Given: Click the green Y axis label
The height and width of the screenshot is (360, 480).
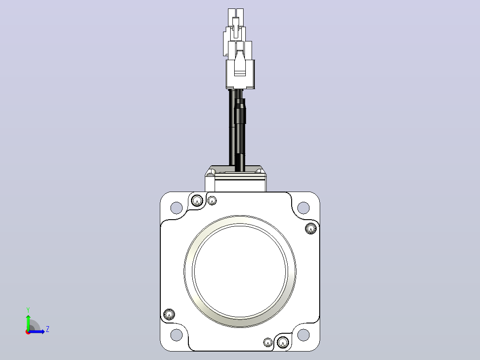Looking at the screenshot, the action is point(28,310).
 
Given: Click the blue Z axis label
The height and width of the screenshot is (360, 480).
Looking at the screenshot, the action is point(48,329).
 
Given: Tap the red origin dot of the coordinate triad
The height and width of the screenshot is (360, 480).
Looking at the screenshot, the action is point(28,332).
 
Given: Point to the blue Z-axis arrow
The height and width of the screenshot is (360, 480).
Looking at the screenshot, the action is point(37,331).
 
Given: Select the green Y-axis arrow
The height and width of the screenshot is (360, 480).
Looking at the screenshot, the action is point(28,322).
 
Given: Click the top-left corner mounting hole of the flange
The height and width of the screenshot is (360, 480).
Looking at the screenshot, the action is point(176,208).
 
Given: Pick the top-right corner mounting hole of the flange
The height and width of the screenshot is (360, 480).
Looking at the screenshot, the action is point(303,208).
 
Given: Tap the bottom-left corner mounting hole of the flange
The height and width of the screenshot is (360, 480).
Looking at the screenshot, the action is point(176,335).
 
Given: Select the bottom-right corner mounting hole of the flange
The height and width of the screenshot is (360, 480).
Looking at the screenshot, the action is point(303,335).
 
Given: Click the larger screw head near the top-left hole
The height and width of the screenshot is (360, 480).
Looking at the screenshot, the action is point(197,201).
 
